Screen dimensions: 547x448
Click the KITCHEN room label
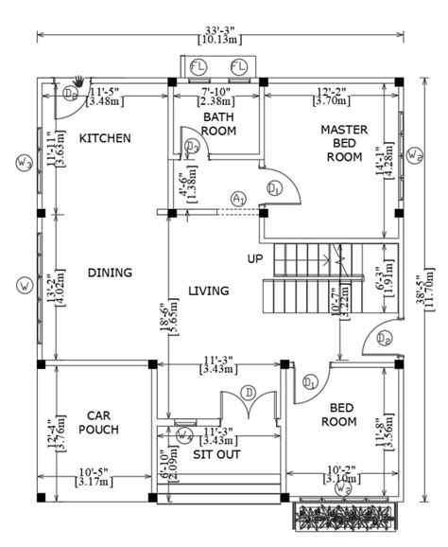104,138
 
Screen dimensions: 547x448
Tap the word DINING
110,273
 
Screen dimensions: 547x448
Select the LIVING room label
208,291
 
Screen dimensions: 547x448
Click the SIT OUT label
216,454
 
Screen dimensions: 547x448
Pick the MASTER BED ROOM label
343,143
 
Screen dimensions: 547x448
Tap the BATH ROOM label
218,123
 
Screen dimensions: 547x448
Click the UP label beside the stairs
255,258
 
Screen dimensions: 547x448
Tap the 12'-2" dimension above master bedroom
334,92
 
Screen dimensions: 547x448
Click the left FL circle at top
198,65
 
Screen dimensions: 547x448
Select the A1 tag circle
238,198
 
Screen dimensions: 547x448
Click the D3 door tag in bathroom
192,146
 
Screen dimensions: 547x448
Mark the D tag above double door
249,393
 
